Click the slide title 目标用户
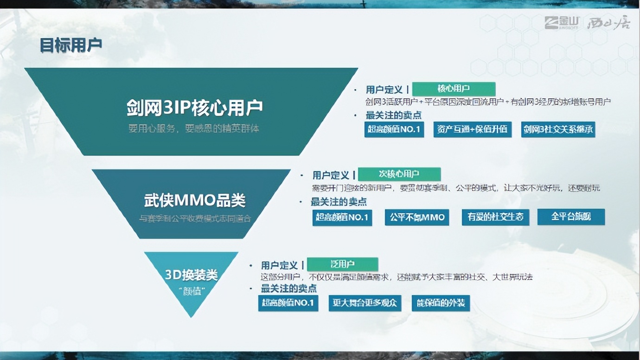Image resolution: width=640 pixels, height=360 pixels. [x=70, y=45]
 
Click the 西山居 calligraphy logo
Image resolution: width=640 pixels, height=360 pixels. [x=608, y=23]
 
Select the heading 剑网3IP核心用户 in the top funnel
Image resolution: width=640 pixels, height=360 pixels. [x=194, y=107]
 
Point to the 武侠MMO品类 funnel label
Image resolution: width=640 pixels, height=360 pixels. [x=194, y=200]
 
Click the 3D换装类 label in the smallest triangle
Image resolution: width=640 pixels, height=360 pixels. [x=191, y=275]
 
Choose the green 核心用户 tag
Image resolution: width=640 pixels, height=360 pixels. [x=454, y=89]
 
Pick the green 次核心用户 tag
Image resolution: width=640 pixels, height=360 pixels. [x=399, y=174]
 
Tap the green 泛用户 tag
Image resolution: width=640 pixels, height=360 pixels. [x=342, y=264]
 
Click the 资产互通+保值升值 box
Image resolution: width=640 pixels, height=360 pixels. [x=472, y=129]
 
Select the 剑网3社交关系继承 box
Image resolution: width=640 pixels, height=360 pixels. [x=558, y=129]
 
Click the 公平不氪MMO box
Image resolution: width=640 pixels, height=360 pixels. [x=416, y=217]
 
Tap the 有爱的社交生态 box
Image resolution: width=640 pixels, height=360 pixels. [x=495, y=217]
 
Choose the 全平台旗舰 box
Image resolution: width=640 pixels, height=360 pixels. [x=571, y=217]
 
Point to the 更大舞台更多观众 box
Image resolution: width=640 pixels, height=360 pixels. [x=365, y=303]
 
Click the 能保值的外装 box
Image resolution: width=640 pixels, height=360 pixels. [x=441, y=303]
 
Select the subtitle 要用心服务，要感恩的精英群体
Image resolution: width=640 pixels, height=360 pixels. [x=194, y=129]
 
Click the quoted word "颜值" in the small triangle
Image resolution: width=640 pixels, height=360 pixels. [x=191, y=291]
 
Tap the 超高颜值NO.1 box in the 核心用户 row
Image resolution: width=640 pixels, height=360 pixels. [x=394, y=129]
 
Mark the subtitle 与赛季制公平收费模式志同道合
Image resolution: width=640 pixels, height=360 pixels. [x=195, y=218]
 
